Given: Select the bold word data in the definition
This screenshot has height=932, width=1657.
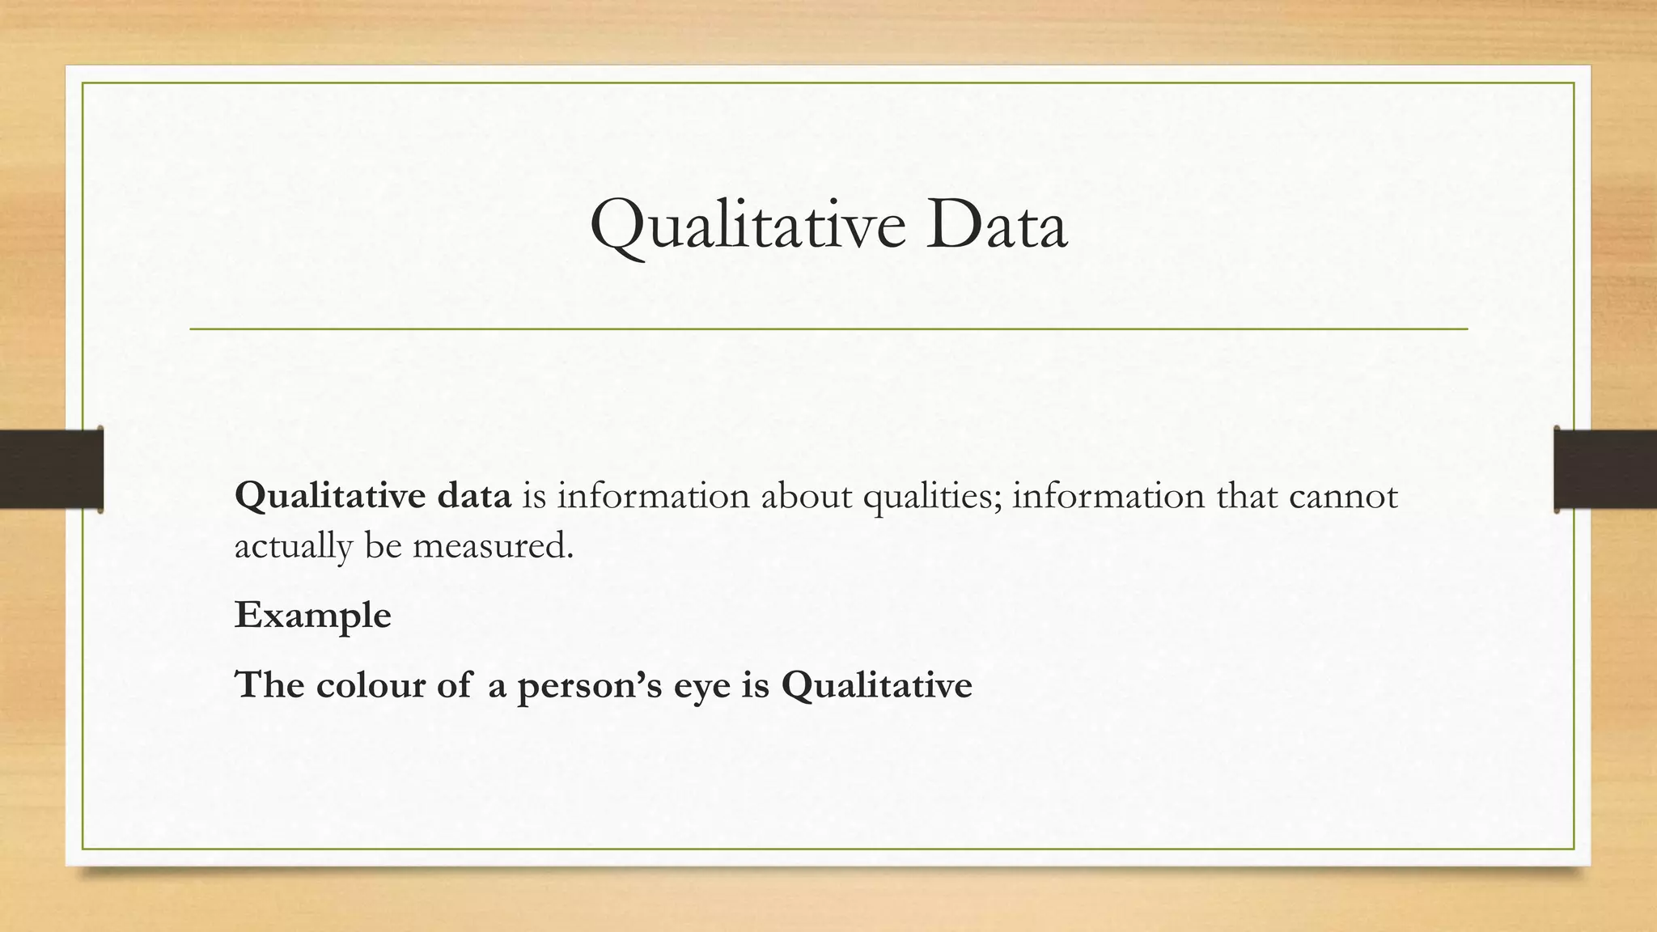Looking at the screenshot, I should pos(474,496).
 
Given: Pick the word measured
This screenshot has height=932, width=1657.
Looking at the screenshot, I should pos(493,546).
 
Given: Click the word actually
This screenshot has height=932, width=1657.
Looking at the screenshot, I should pos(294,548).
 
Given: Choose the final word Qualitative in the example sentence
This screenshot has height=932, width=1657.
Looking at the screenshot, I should pos(876,685).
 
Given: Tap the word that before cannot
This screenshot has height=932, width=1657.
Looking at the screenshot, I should pos(1247,496).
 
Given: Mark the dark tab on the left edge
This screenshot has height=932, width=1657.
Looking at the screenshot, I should pos(51,469).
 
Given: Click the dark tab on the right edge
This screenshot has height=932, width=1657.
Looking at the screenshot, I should pos(1605,469).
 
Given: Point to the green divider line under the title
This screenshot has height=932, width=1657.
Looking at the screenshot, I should pos(828,329).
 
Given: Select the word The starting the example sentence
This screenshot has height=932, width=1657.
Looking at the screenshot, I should pos(269,685).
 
